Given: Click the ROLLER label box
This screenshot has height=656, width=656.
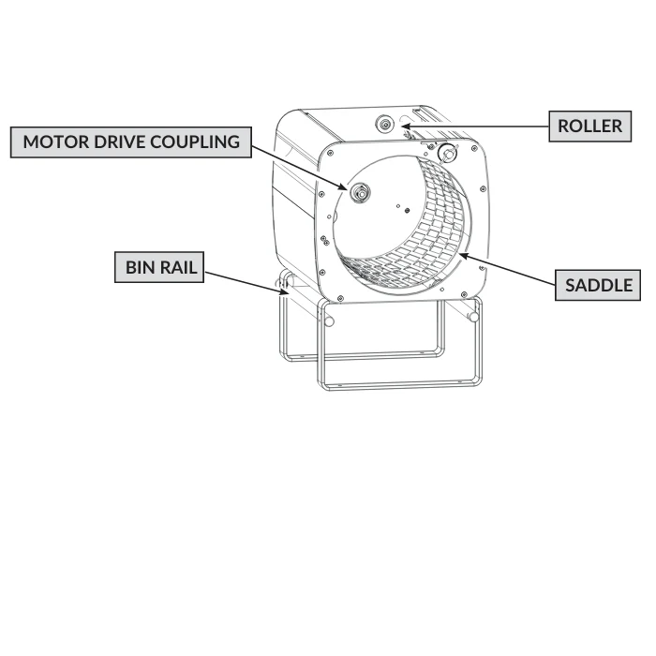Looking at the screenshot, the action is coord(589,127).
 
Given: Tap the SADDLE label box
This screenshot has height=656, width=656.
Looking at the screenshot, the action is coord(598,285).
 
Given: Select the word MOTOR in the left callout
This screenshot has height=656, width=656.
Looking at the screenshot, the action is coord(56,142).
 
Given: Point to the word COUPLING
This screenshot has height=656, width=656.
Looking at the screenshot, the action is coord(195,142).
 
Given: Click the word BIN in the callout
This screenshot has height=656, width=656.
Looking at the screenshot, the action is coord(140,267).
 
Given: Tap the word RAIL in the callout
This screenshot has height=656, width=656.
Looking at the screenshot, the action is coord(177,267).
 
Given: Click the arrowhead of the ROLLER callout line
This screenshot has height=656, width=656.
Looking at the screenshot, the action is coord(406,126).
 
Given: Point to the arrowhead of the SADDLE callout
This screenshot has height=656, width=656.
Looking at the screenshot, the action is coord(464,255).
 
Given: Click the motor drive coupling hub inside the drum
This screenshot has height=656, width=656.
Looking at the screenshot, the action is coord(360,193).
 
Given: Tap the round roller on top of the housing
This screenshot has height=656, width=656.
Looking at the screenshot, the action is coord(384,124).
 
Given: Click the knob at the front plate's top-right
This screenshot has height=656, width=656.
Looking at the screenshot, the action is coord(447,153).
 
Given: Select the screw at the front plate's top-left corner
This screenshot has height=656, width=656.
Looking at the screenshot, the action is coord(332,154).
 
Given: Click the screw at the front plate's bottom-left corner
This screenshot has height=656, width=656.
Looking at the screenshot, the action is coord(340,298).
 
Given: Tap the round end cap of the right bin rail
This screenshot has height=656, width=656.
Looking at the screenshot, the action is coord(473,317).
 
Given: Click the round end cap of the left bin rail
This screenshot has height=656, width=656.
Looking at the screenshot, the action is coord(329,321).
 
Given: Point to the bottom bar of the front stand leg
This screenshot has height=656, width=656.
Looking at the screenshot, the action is coord(401,385).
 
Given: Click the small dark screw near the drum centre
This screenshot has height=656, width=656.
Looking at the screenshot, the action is coord(407,211).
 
